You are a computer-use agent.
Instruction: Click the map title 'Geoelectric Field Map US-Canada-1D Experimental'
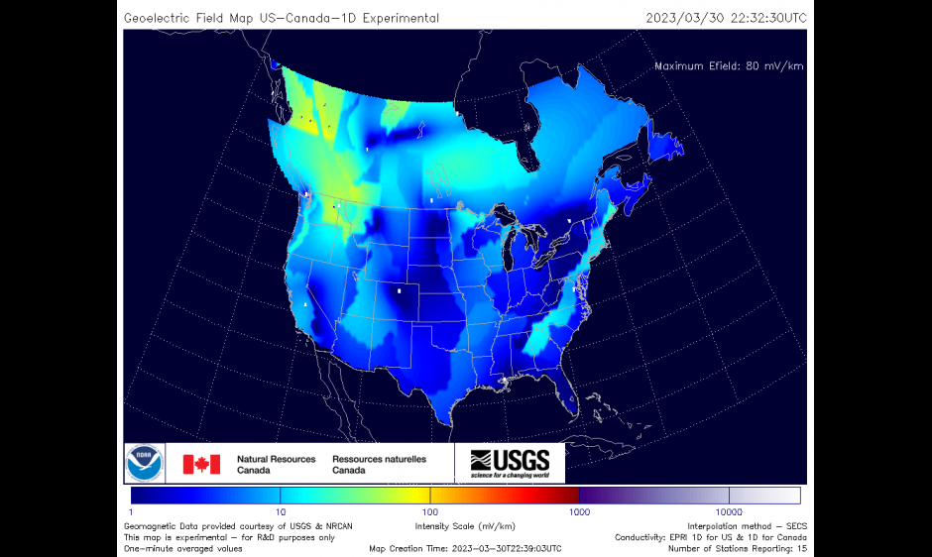click(282, 18)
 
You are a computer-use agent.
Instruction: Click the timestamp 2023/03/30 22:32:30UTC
click(726, 18)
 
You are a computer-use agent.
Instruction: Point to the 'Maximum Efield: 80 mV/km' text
click(728, 66)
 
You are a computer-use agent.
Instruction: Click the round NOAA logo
click(145, 464)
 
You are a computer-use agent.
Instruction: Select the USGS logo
click(510, 463)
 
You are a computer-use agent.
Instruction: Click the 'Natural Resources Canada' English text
click(276, 465)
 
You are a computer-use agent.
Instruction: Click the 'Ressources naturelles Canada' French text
click(379, 465)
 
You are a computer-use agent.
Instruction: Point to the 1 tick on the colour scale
click(132, 511)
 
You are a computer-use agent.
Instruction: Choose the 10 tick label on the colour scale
click(281, 511)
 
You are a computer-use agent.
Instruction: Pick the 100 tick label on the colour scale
click(430, 511)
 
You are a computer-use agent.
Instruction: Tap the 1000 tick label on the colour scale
click(580, 511)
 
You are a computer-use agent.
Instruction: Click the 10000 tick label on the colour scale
click(729, 511)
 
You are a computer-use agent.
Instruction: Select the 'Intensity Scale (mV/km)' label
click(465, 525)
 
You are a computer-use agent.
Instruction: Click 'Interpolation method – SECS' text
click(747, 525)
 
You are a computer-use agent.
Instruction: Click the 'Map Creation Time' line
click(465, 548)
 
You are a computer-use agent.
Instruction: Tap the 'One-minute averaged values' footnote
click(182, 548)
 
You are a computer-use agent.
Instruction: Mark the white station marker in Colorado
click(400, 291)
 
